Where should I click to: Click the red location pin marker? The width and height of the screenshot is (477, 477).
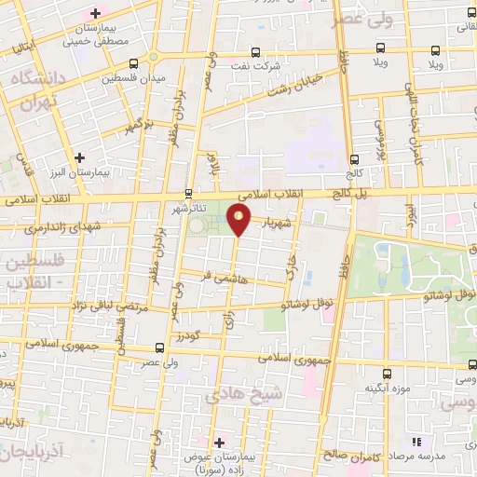pos(239,221)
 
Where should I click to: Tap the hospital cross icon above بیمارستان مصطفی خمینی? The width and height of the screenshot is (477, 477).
pos(94,13)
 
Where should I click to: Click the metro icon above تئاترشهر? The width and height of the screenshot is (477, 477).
pos(189,195)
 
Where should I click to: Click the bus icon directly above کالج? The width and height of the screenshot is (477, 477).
pos(354,158)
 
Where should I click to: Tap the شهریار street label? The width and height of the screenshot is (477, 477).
pos(281,224)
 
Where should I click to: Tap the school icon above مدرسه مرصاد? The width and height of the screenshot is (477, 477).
pos(416,441)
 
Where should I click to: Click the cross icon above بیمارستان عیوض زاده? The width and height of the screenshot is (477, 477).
pos(220,443)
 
